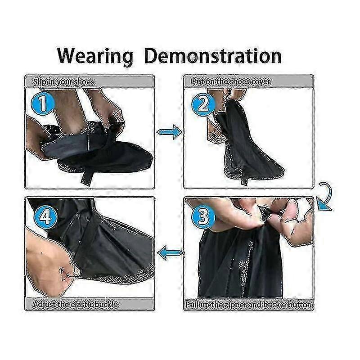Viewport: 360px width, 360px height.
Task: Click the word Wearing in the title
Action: click(95, 56)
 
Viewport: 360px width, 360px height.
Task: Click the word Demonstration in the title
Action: click(213, 55)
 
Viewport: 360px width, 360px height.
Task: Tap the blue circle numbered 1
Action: click(43, 103)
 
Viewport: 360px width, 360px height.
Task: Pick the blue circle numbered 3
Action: click(203, 217)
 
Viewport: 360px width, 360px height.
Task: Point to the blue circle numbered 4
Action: click(45, 216)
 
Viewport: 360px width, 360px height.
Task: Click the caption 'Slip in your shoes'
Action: click(63, 82)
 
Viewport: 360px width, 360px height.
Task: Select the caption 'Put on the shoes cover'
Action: click(231, 81)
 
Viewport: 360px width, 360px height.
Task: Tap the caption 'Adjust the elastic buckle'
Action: click(76, 305)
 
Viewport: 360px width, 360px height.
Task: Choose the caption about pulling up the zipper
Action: click(249, 305)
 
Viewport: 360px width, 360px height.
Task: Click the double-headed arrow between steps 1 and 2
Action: click(170, 132)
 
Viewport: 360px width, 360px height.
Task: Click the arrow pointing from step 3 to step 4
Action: click(170, 253)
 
